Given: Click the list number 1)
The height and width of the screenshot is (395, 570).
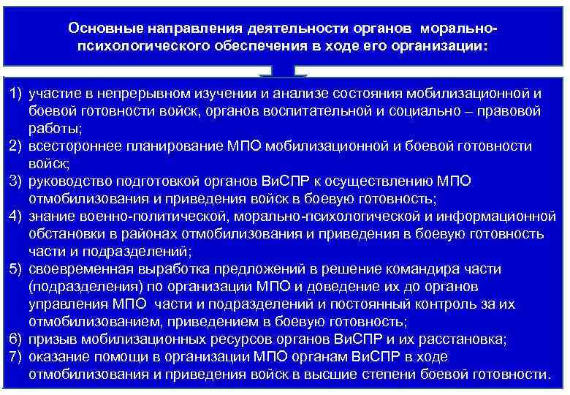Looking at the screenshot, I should click(x=17, y=94).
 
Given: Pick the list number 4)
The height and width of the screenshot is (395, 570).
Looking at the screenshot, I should click(x=17, y=217).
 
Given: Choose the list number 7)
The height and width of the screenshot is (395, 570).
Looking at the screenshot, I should click(x=17, y=356).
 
